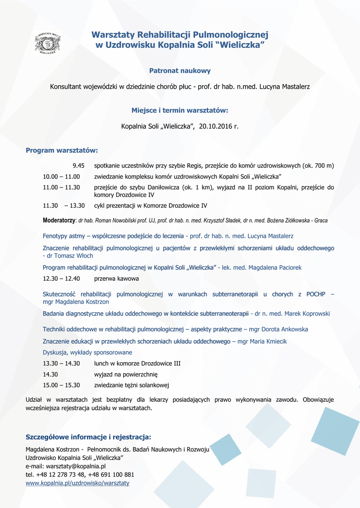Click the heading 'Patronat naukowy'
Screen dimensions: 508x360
[x=180, y=71]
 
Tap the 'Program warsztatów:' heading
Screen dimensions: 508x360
[x=62, y=150]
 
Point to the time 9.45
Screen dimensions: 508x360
[x=78, y=166]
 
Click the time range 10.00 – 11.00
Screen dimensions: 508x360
[x=61, y=177]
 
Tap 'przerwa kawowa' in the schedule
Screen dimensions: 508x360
[x=116, y=279]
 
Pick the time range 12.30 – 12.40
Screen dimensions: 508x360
[x=61, y=279]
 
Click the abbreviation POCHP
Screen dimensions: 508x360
[x=316, y=294]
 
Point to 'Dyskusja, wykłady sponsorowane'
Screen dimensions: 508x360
[x=87, y=352]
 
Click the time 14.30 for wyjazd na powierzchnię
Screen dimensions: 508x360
[x=51, y=374]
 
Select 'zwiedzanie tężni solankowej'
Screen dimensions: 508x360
[x=132, y=385]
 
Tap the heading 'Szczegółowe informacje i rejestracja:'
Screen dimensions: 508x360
[x=88, y=437]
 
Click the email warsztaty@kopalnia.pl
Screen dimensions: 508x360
[x=75, y=466]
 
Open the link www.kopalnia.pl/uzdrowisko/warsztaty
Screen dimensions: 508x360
[x=77, y=483]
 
